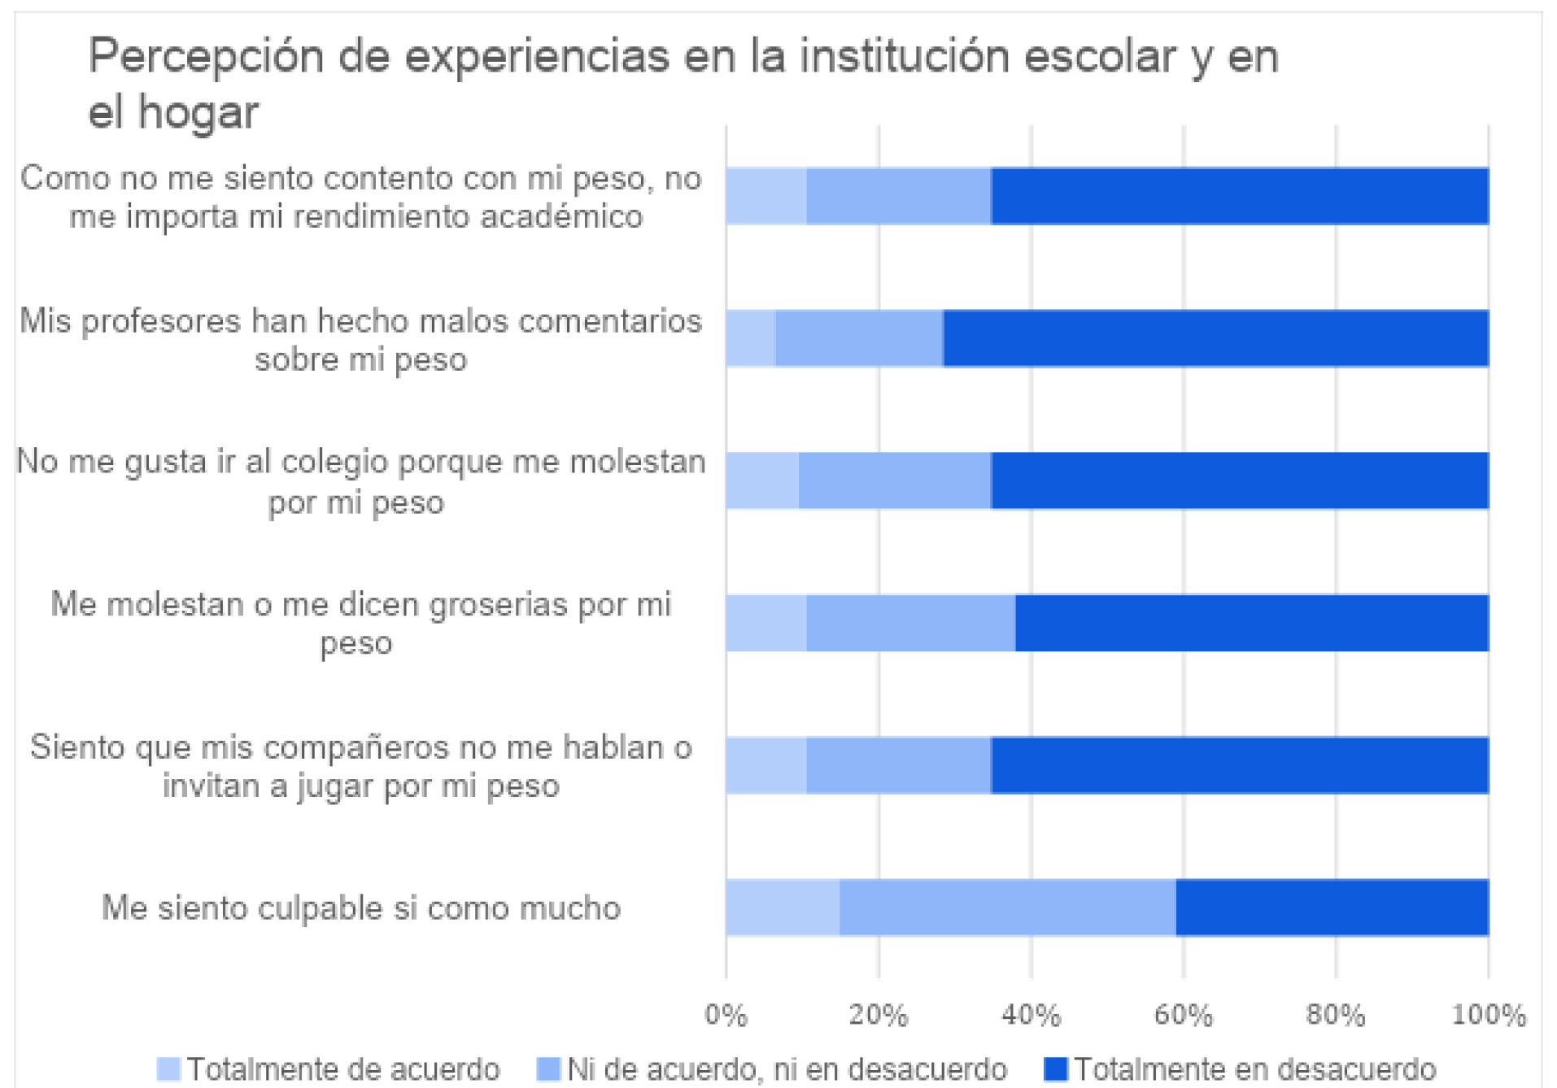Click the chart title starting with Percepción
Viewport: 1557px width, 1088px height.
pos(683,83)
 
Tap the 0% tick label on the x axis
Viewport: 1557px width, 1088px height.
pos(726,1015)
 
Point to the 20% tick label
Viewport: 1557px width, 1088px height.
pos(878,1015)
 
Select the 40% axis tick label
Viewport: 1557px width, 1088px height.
pos(1031,1015)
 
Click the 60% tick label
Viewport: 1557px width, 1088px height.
pos(1183,1015)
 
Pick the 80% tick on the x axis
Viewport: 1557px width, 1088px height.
pos(1335,1015)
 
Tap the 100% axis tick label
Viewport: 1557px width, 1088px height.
pos(1489,1015)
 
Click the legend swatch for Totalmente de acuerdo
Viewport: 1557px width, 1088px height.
pos(168,1069)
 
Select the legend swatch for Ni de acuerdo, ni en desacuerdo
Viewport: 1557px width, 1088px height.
pos(548,1069)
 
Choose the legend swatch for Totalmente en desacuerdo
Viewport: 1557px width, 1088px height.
pos(1055,1069)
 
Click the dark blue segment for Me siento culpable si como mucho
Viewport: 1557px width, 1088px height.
pos(1332,907)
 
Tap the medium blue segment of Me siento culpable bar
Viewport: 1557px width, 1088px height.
pos(1007,907)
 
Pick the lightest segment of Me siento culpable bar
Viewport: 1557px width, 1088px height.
pos(783,907)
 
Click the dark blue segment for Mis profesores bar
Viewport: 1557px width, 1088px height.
pos(1215,338)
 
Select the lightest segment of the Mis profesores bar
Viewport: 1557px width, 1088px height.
pos(751,338)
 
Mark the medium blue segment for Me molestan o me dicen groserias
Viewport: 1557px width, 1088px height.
pos(910,623)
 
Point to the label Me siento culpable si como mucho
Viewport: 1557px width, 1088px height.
pos(361,907)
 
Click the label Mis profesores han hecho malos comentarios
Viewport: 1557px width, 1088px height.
pos(361,339)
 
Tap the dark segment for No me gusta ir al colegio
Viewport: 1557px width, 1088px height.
pos(1239,481)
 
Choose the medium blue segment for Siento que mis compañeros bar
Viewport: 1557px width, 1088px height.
pos(898,765)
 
